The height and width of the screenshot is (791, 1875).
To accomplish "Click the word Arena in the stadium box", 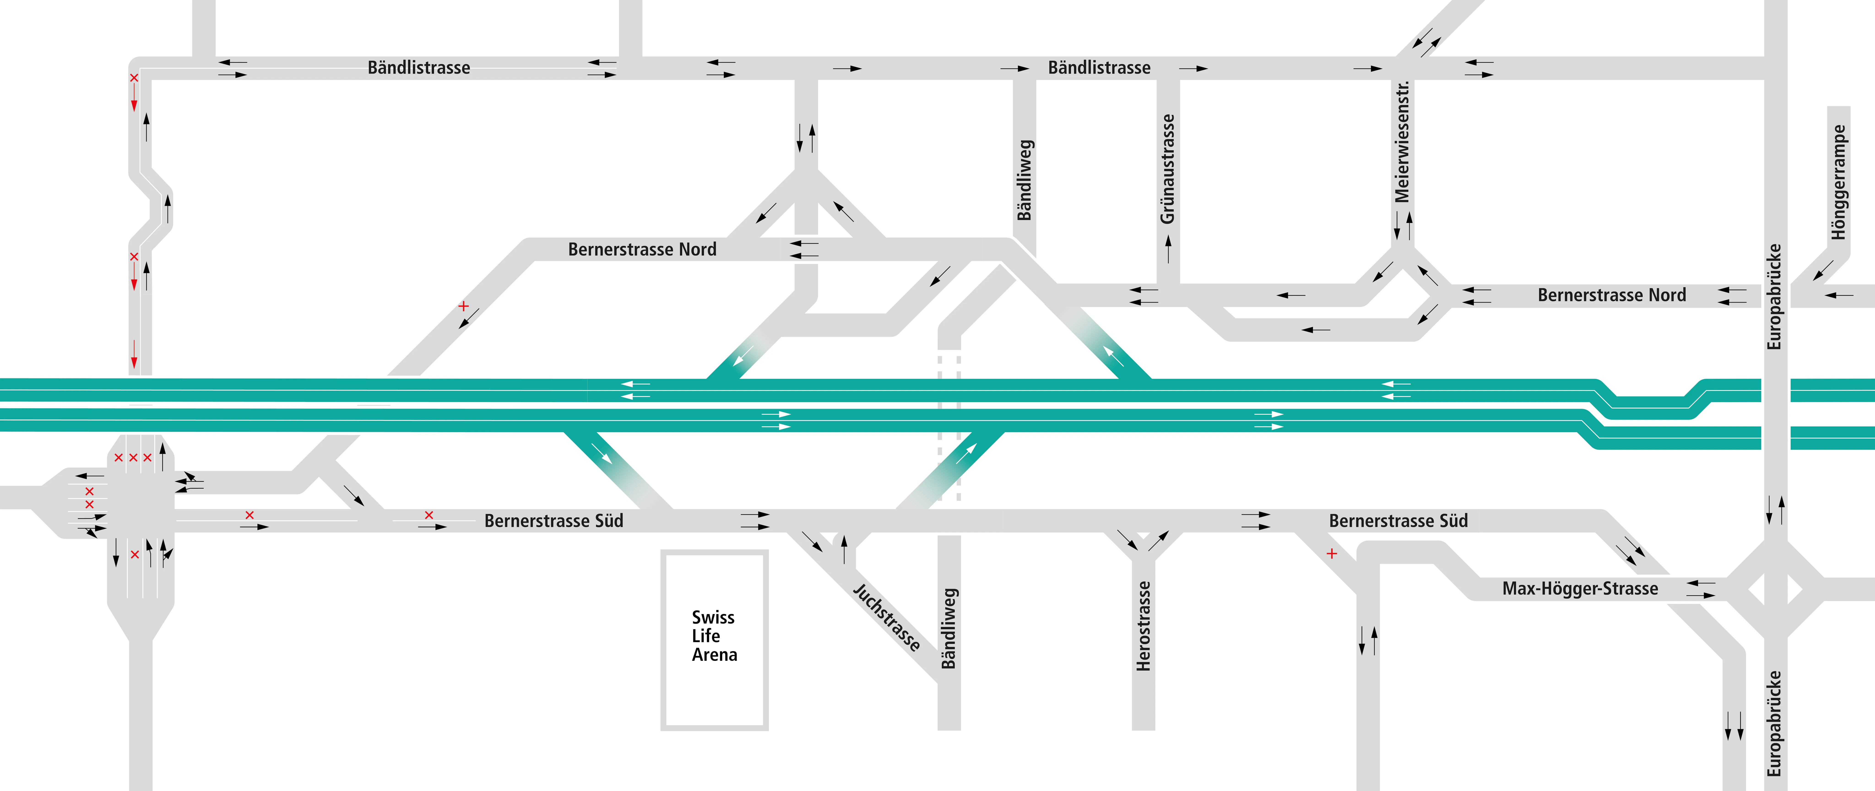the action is click(714, 655).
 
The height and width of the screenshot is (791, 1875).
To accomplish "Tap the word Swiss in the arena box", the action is click(713, 617).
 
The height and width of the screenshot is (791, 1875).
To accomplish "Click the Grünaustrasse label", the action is click(1168, 169).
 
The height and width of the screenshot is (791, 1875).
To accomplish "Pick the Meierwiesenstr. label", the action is click(1402, 142).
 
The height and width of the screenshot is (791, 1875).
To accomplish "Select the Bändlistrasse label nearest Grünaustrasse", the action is click(1099, 68).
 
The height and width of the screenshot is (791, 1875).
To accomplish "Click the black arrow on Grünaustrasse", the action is click(1168, 250).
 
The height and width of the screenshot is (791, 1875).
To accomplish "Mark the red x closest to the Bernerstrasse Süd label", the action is click(429, 515).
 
